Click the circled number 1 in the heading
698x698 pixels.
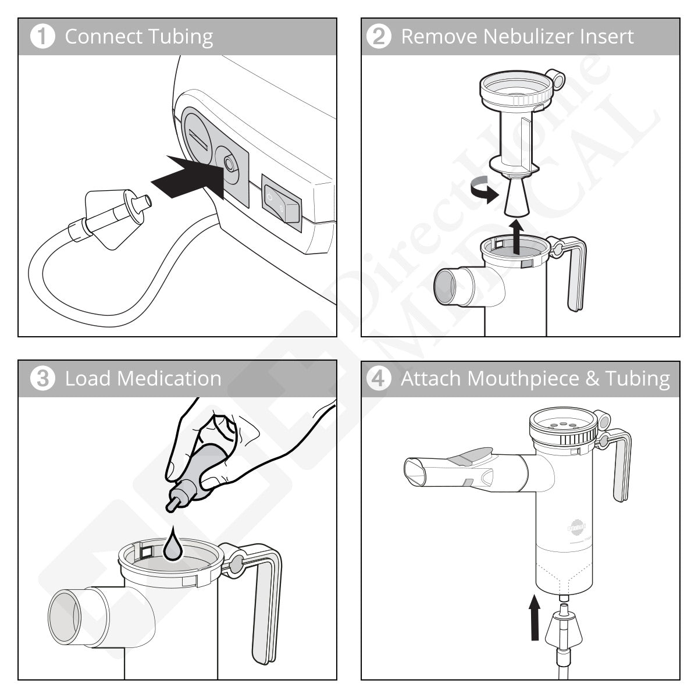(x=42, y=37)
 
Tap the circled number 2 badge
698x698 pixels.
(x=379, y=37)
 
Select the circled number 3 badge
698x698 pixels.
(x=42, y=379)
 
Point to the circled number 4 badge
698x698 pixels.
(x=379, y=379)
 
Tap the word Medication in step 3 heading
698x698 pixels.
(x=169, y=379)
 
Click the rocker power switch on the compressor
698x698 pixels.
(x=282, y=200)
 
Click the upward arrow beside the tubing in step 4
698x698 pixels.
(x=535, y=617)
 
